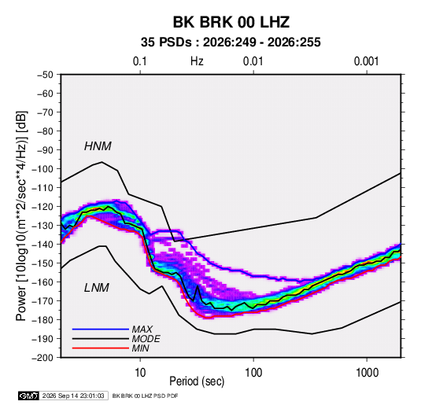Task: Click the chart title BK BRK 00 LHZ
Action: tap(231, 22)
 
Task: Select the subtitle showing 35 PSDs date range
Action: tap(231, 42)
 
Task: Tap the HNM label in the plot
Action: tap(98, 146)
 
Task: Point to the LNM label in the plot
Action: tap(97, 288)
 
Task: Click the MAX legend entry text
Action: tap(142, 329)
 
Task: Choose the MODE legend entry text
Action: tap(146, 339)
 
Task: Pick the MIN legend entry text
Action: tap(140, 348)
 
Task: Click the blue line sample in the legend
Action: tap(101, 329)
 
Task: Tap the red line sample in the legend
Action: tap(101, 348)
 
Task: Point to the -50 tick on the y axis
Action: tap(45, 75)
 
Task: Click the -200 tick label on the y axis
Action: tap(42, 358)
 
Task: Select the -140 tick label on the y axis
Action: tap(42, 245)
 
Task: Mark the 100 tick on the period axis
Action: tap(253, 373)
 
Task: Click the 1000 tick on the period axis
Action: tap(367, 373)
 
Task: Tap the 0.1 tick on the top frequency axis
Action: tap(140, 61)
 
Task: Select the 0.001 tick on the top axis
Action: tap(366, 61)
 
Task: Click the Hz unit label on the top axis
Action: tap(197, 61)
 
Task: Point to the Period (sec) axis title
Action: tap(197, 381)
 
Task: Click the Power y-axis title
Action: tap(21, 215)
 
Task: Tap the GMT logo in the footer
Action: tap(29, 396)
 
